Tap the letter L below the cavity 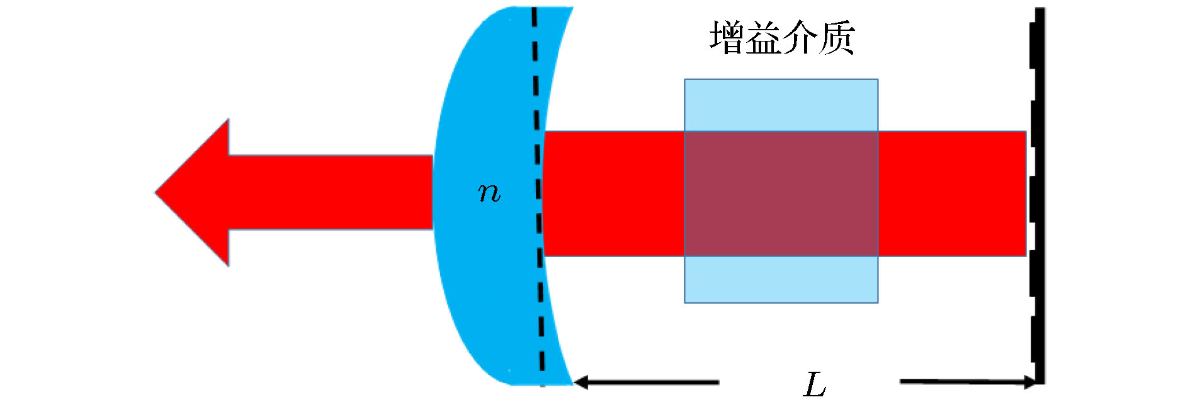[x=815, y=384]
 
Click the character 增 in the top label [x=728, y=37]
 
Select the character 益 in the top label [x=763, y=37]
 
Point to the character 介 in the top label [x=800, y=37]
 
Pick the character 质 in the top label [x=836, y=37]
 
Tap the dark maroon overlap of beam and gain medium [x=781, y=193]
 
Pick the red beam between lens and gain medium [x=614, y=193]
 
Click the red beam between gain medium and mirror [x=951, y=193]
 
